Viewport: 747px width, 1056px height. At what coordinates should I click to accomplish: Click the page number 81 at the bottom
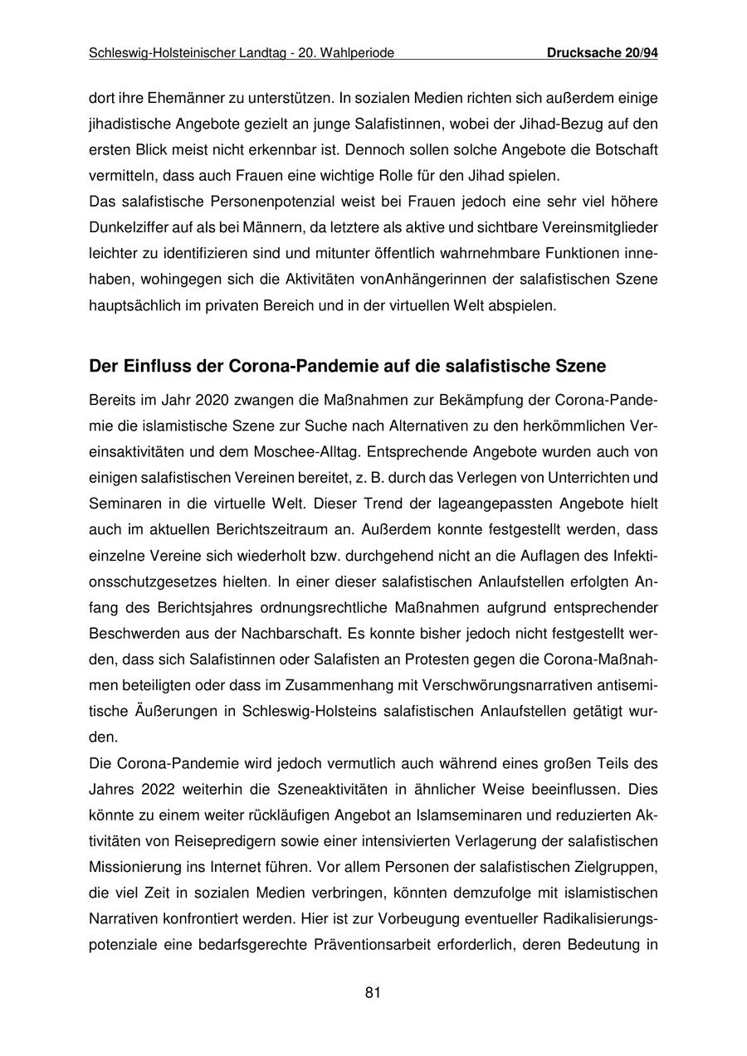373,992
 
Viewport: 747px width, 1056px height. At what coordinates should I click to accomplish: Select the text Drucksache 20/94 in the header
603,53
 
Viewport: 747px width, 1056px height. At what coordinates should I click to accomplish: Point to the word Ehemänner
181,98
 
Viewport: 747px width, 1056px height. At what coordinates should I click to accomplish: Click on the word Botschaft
625,150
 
